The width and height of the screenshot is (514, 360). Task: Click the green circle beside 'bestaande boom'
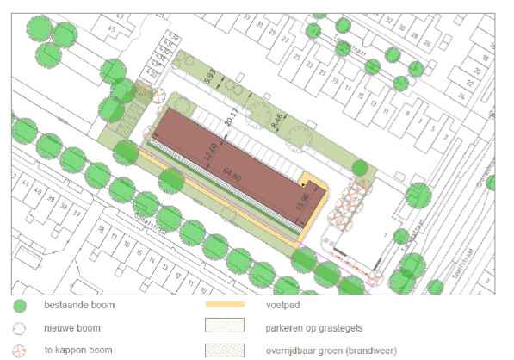[21, 306]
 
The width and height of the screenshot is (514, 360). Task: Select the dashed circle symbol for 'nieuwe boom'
[21, 328]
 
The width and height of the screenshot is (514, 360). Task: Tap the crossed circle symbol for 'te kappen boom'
[21, 350]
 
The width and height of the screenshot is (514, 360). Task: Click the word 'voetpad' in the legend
[276, 306]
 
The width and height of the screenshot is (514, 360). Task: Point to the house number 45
[110, 28]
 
